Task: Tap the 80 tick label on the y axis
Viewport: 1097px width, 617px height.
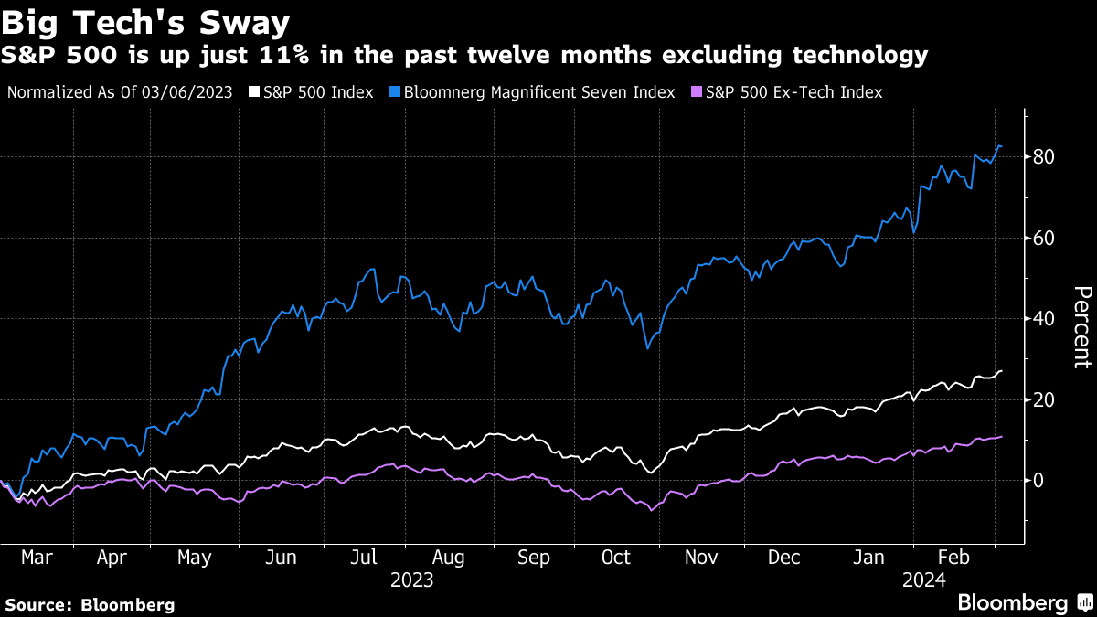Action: (1045, 157)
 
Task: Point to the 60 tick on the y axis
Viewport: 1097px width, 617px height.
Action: (1045, 239)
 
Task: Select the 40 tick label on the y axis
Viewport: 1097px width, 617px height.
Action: (1045, 319)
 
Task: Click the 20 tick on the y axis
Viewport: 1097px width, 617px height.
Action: (1045, 399)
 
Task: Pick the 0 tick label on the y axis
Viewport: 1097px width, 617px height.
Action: (1039, 481)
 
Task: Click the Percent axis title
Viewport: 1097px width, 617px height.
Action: (1081, 326)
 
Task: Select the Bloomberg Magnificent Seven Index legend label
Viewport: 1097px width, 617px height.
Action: (538, 92)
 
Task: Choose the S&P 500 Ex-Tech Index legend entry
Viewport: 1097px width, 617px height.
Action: (793, 92)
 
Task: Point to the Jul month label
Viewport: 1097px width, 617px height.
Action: (365, 558)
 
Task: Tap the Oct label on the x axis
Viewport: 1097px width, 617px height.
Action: (615, 558)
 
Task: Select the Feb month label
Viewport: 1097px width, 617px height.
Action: (953, 558)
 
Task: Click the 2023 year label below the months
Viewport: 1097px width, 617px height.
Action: (411, 580)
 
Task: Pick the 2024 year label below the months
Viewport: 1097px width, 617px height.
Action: (923, 580)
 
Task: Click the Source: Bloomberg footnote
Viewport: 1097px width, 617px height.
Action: (90, 604)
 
